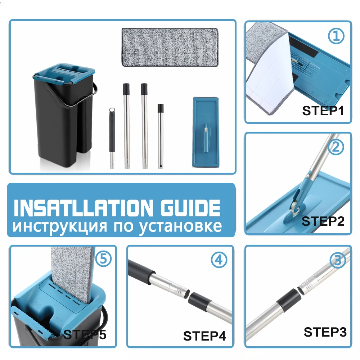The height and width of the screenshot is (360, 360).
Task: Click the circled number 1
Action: coord(336,36)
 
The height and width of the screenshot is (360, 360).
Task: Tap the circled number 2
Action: coord(336,147)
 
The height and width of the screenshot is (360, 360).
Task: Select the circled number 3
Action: coord(338,260)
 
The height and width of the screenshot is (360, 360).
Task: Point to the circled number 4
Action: coord(219,260)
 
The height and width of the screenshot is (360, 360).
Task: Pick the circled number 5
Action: coord(103,259)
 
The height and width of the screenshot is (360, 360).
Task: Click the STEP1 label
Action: coord(323,111)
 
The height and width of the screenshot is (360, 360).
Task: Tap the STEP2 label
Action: coord(323,221)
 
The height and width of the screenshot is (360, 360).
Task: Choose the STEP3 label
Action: coord(325,332)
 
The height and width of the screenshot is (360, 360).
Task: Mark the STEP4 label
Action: coord(204,336)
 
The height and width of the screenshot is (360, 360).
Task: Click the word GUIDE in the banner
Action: coord(190,208)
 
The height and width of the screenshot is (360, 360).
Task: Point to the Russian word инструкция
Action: coord(60,227)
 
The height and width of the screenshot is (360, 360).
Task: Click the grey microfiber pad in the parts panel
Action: coord(170,47)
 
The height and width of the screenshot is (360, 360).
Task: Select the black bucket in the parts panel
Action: coord(65,116)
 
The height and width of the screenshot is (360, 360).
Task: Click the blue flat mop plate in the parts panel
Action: coord(206,132)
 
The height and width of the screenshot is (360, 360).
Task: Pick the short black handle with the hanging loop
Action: coord(112,138)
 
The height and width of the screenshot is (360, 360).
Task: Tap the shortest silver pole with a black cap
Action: coord(161,136)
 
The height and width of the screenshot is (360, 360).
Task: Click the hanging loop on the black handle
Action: coord(112,110)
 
